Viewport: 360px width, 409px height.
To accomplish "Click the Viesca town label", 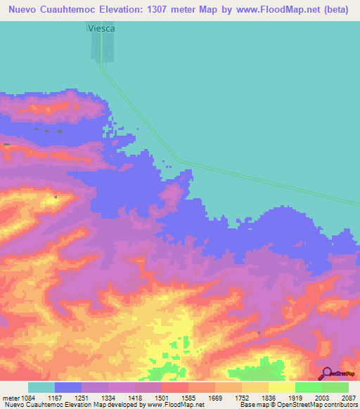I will click(x=101, y=28).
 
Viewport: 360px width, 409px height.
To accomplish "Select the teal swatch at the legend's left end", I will click(x=41, y=387).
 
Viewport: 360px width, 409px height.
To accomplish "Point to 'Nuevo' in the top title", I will click(x=27, y=8).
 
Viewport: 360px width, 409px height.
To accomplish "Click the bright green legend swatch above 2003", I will click(x=309, y=387).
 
